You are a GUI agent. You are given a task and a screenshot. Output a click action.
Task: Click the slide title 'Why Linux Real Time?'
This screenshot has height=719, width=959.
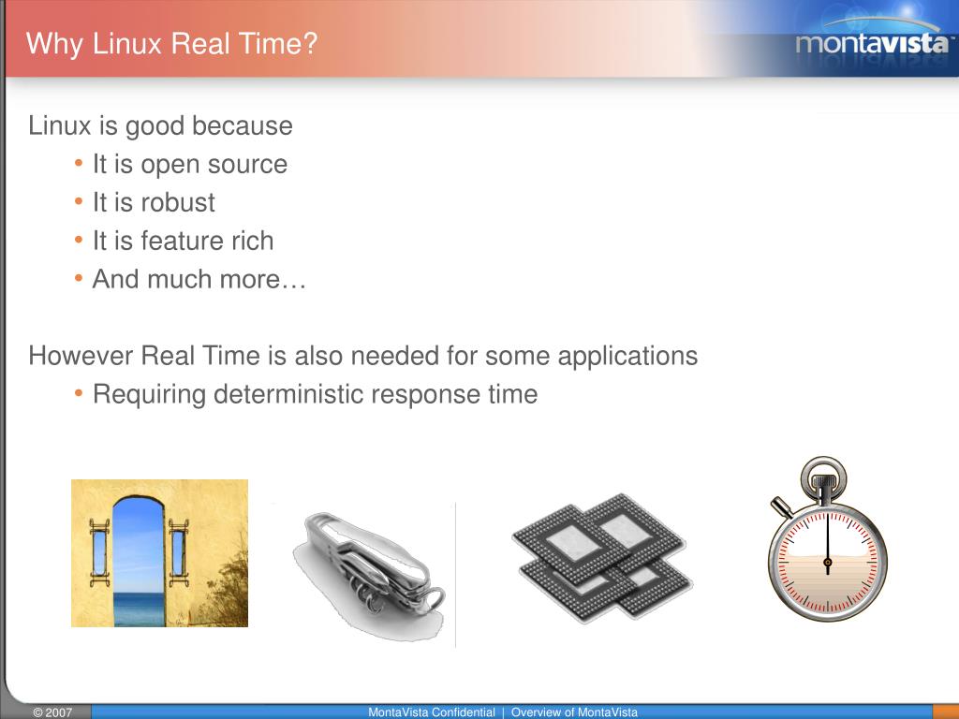(x=171, y=44)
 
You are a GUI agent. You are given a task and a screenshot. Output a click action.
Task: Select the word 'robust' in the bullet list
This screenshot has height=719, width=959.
(x=178, y=202)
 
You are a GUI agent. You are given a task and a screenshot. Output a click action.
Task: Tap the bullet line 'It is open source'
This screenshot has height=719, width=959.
(x=189, y=165)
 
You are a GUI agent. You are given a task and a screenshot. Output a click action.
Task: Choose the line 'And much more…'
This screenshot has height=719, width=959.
(x=199, y=279)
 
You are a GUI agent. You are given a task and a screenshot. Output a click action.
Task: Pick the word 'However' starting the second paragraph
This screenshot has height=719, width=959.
(x=81, y=356)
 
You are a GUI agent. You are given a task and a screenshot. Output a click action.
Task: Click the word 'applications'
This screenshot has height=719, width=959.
(x=627, y=356)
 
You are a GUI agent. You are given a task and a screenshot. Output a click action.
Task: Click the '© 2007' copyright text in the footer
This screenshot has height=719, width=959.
(x=52, y=712)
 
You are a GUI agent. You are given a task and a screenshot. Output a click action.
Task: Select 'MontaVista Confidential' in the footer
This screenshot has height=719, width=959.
(x=431, y=712)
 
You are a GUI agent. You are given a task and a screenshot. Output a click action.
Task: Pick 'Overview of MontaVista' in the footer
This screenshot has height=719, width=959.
(x=573, y=712)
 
